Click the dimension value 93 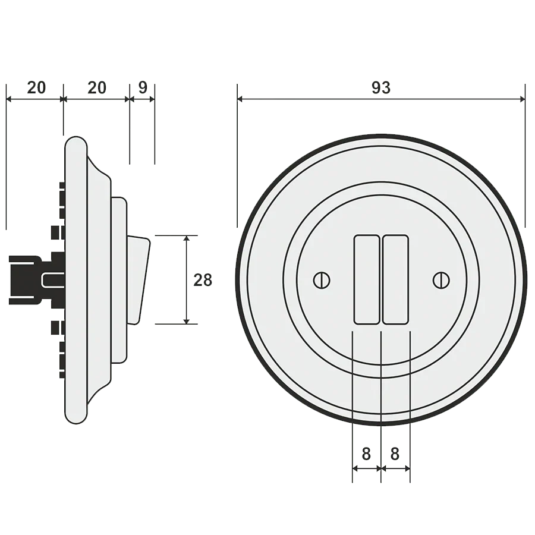coord(381,88)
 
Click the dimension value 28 coord(203,280)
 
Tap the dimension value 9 coord(143,88)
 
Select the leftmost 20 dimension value coord(36,88)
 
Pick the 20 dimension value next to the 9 coord(97,88)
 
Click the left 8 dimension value coord(366,454)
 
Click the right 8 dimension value coord(395,454)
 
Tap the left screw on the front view coord(322,280)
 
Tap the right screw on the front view coord(441,280)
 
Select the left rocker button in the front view coord(367,279)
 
